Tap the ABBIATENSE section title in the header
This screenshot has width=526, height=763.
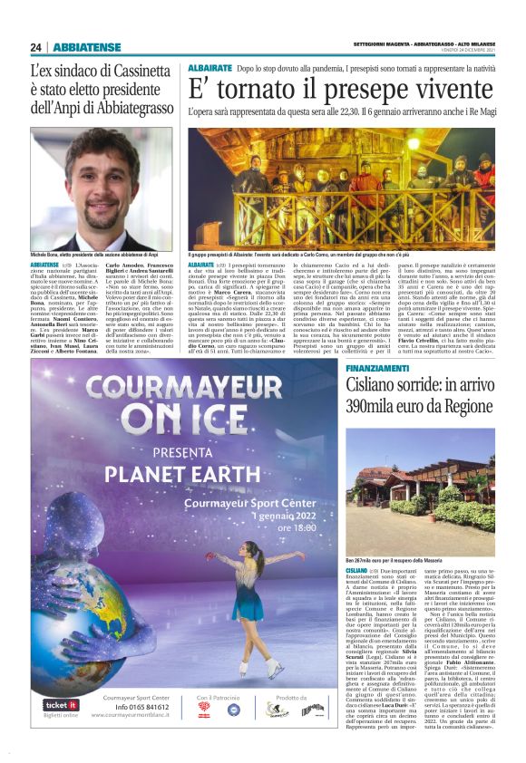[88, 47]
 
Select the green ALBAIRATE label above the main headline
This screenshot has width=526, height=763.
[209, 68]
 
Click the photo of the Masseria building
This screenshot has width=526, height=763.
[418, 489]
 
